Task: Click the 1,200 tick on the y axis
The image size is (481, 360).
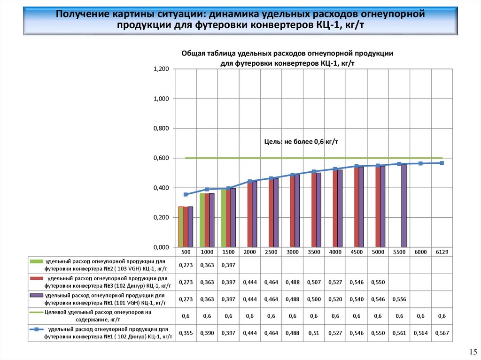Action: coord(161,69)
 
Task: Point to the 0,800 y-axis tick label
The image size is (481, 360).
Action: coord(161,129)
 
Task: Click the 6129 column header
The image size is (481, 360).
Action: coord(442,252)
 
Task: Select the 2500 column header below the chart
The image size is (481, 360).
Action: coord(271,252)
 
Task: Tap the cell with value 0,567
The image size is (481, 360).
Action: coord(442,333)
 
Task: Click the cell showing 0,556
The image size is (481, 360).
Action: coord(399,299)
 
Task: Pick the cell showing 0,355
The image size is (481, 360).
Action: coord(186,333)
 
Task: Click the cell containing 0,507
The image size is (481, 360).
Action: coord(314,282)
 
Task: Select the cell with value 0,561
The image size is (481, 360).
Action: coord(399,333)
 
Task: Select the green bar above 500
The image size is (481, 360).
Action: coord(181,227)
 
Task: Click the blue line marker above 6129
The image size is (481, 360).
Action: coord(442,163)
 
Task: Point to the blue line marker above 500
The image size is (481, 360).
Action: coord(186,194)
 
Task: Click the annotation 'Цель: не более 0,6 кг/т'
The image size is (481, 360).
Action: coord(301,141)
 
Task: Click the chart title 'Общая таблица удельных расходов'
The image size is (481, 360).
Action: coord(287,54)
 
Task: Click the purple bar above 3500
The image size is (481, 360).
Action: coord(318,210)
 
